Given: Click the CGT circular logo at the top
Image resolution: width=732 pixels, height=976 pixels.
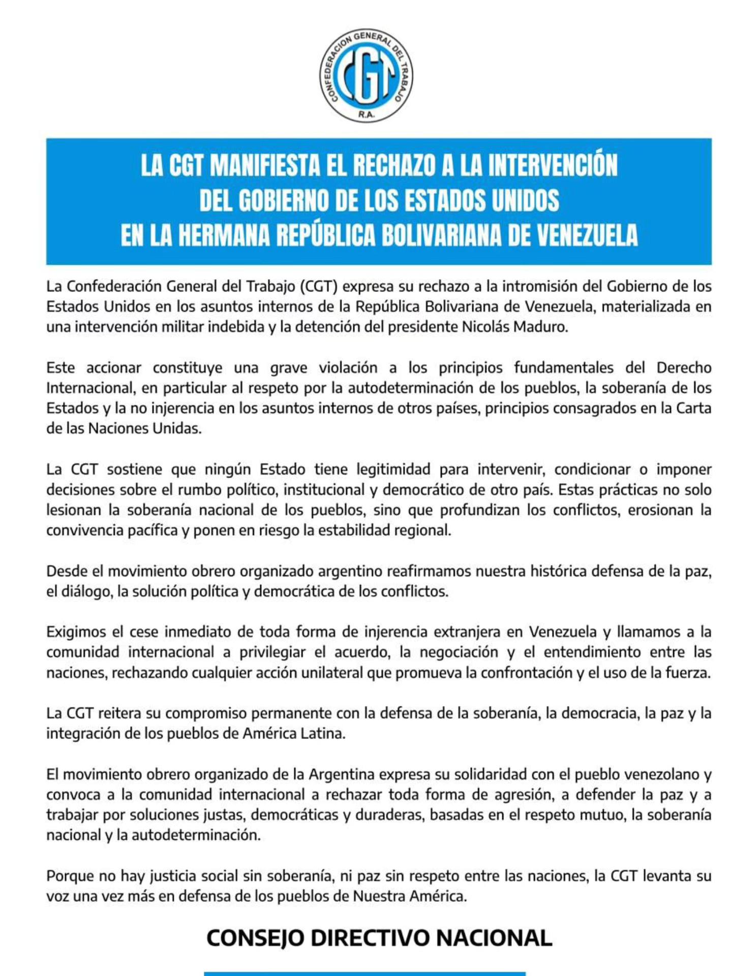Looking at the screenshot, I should (x=366, y=75).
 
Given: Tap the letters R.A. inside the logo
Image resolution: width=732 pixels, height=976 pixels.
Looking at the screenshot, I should (x=366, y=114).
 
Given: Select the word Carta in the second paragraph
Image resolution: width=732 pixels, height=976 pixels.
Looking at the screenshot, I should (x=693, y=408).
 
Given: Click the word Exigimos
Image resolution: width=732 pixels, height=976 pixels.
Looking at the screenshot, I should (x=77, y=632).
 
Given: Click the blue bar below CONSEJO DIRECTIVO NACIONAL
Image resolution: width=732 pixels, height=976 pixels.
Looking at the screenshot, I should (x=364, y=972).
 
